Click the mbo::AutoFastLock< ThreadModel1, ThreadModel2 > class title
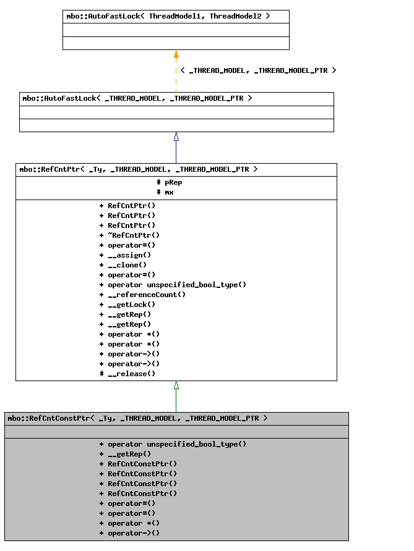168,17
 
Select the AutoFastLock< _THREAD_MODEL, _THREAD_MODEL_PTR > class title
137,99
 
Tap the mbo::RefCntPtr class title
139,169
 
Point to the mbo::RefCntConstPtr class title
137,418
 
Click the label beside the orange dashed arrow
258,70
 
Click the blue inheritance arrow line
176,150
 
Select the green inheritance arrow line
176,399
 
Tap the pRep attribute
170,182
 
